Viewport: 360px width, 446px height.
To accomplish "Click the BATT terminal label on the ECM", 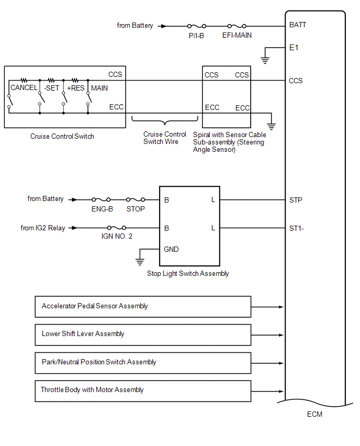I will tap(298, 25).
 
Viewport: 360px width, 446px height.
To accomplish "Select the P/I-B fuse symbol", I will tap(196, 26).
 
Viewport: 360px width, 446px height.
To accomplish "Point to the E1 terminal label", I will tap(294, 47).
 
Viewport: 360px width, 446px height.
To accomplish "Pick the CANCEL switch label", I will tap(24, 88).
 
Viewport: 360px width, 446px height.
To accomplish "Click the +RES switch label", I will tap(76, 88).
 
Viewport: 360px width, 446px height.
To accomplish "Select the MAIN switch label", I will tap(99, 88).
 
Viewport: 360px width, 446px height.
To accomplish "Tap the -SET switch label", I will tap(51, 88).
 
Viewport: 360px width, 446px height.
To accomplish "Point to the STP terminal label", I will tap(296, 200).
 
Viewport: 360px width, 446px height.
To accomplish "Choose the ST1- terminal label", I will tap(296, 228).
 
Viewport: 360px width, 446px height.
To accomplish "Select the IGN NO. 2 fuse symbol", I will tap(116, 228).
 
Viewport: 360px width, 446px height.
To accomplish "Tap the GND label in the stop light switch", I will tap(171, 249).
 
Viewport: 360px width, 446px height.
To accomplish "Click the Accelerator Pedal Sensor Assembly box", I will tap(143, 306).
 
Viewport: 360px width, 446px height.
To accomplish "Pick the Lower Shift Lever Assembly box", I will tap(143, 334).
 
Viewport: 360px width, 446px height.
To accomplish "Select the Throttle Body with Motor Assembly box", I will tap(143, 390).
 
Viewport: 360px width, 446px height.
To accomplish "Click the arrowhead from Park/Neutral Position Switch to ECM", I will tap(281, 362).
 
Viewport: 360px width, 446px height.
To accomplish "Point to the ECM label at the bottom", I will tap(314, 415).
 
